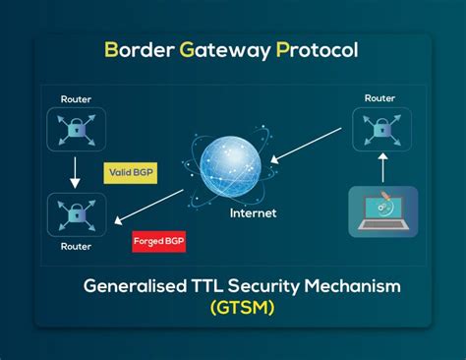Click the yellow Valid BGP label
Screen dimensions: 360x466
pyautogui.click(x=132, y=173)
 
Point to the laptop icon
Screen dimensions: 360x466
pyautogui.click(x=382, y=210)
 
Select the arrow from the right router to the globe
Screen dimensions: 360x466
pyautogui.click(x=309, y=147)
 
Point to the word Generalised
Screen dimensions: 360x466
pyautogui.click(x=134, y=286)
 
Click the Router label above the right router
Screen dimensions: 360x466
pyautogui.click(x=381, y=98)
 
